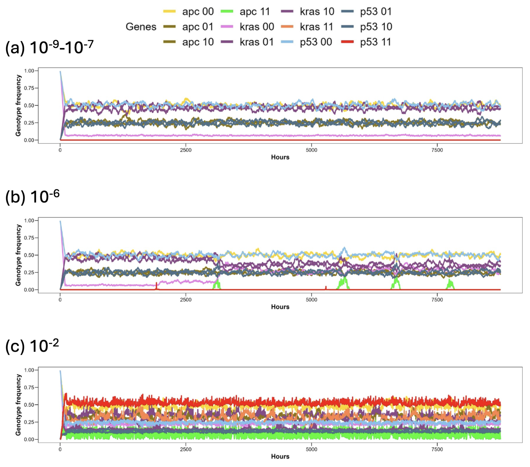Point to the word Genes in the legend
141,27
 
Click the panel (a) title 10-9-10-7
49,47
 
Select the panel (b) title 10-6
33,197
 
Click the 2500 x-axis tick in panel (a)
186,150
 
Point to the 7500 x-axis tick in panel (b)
437,300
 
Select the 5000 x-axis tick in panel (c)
311,449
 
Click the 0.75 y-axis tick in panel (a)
29,88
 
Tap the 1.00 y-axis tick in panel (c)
29,370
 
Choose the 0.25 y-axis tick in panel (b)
29,272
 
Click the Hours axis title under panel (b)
280,307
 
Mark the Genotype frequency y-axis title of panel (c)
18,405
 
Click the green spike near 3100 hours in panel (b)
217,284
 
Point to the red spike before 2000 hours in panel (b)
156,286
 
